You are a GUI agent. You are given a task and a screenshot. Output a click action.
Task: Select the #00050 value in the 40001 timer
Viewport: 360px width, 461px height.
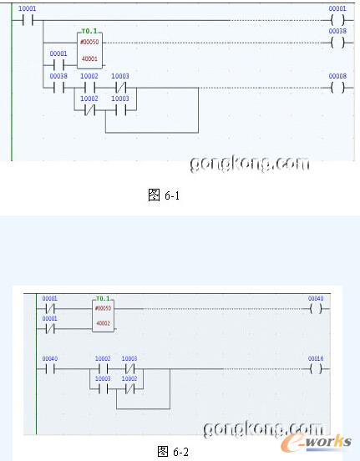point(88,42)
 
